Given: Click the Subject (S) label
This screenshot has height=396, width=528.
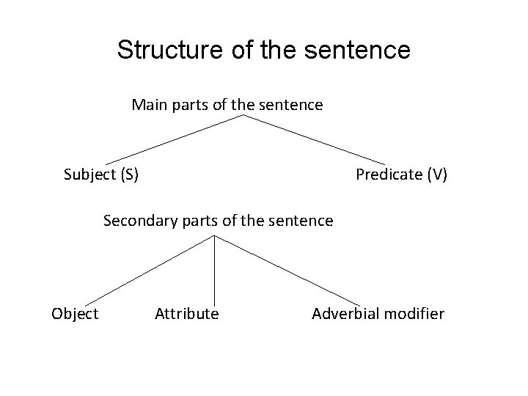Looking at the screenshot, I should click(102, 175).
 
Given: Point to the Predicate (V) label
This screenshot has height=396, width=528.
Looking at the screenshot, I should click(401, 175).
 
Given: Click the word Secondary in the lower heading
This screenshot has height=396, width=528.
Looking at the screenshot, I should click(136, 220).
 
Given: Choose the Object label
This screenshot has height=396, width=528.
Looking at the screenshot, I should click(75, 314).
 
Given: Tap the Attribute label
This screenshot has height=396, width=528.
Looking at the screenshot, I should click(187, 314).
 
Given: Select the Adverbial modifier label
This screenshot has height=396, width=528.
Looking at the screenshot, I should click(378, 314).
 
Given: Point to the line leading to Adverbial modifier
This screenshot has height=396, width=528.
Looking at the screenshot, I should click(287, 269).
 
